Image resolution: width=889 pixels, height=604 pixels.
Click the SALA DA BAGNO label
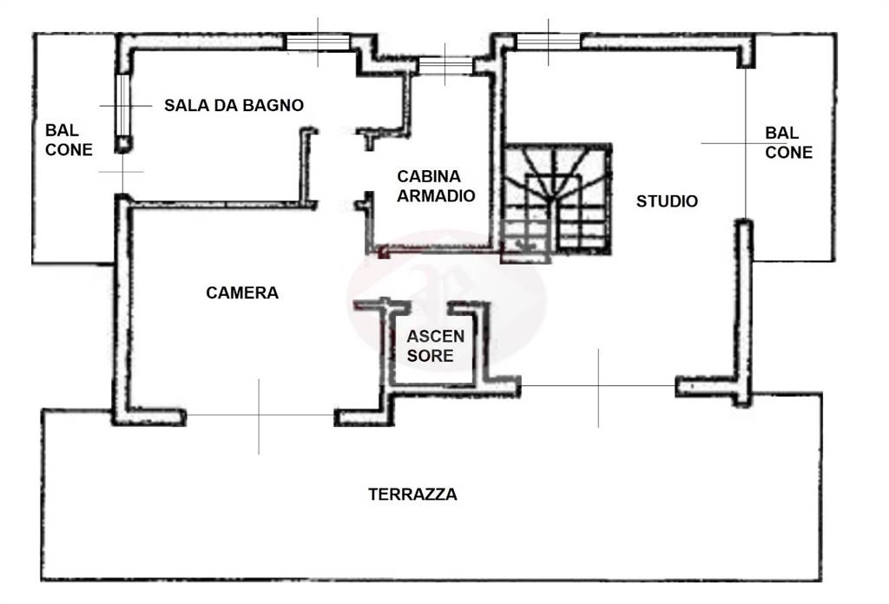(234, 105)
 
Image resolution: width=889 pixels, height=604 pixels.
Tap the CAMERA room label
(242, 293)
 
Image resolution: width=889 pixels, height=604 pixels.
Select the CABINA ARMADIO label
(436, 186)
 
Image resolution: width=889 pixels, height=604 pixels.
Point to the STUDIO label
(667, 201)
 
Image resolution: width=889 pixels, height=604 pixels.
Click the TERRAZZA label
(412, 494)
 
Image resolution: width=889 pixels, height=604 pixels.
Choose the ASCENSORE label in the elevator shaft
(436, 346)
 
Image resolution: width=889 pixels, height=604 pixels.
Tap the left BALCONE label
(69, 140)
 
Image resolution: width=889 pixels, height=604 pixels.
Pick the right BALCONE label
(788, 143)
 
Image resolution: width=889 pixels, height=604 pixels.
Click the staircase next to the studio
(556, 201)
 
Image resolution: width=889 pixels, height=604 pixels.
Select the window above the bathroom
(318, 43)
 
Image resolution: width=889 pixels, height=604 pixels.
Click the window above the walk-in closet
(445, 65)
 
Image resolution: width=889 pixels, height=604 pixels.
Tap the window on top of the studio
(549, 42)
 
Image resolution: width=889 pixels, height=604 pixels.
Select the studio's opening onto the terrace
(598, 386)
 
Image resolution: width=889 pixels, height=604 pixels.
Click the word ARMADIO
(436, 195)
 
